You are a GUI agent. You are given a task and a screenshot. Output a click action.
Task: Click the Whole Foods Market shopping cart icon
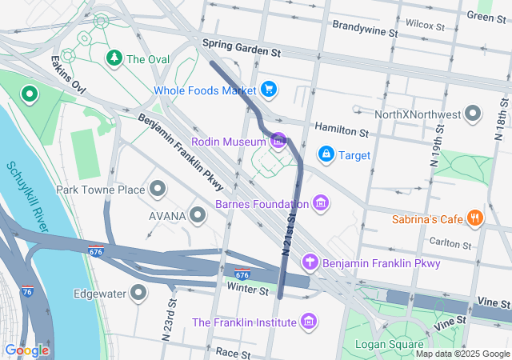(x=269, y=90)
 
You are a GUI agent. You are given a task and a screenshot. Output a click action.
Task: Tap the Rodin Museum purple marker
(x=278, y=142)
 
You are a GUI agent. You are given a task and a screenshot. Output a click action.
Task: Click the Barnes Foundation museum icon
(x=321, y=203)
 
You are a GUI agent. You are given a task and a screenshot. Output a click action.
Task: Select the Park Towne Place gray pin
(x=158, y=190)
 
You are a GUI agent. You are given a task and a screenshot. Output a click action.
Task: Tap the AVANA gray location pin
(x=198, y=215)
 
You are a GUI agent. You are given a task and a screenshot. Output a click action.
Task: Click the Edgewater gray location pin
(x=139, y=293)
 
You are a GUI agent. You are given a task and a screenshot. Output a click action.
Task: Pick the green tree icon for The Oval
(x=114, y=58)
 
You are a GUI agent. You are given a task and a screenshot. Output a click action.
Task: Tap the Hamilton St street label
(x=341, y=129)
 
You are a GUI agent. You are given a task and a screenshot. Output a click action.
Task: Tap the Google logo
(x=26, y=350)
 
